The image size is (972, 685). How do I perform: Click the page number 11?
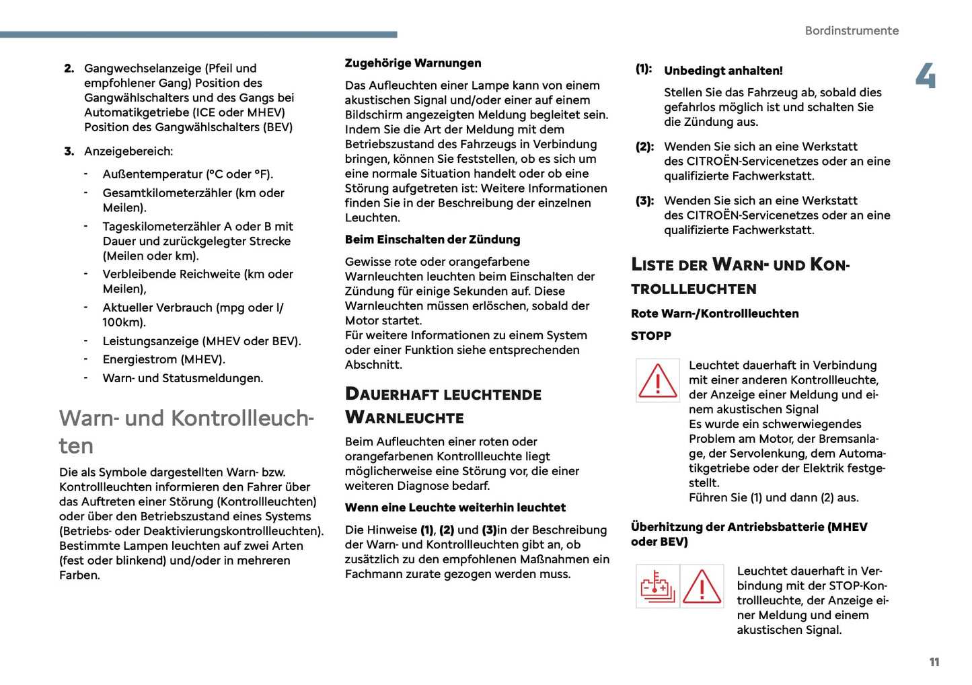coord(934,662)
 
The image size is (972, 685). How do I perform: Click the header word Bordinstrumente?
coord(852,31)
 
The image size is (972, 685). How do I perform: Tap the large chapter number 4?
coord(926,76)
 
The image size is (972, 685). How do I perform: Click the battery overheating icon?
coord(657,586)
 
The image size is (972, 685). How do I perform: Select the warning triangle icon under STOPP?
coord(657,380)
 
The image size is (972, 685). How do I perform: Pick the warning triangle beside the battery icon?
coord(702,586)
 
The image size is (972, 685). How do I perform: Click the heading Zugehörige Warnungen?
coord(413,63)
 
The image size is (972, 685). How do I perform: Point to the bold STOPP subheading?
coord(650,336)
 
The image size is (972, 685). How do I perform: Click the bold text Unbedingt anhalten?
coord(723,71)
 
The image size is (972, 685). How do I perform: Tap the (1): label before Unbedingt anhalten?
coord(643,69)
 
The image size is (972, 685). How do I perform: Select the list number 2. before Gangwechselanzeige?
coord(69,69)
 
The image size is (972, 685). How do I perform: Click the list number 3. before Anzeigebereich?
coord(69,151)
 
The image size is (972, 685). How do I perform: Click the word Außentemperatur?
coord(152,174)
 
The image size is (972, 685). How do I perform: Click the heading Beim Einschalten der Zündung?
coord(433,240)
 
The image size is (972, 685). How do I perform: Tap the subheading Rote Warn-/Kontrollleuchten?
coord(714,314)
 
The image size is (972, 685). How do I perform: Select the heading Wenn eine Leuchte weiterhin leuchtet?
coord(455,507)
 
